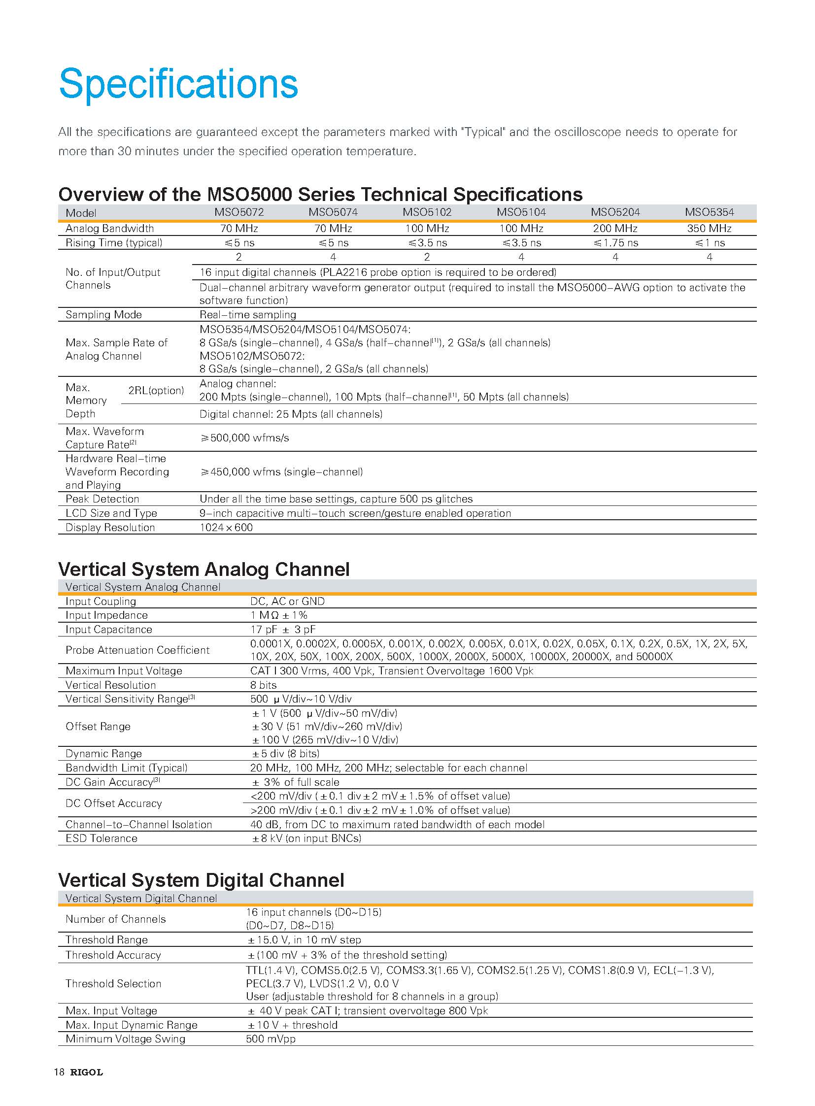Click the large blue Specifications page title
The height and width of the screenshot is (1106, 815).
178,84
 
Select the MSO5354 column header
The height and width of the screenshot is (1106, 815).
709,212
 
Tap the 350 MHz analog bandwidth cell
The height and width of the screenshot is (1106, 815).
709,229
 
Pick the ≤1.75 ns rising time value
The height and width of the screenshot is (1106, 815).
615,243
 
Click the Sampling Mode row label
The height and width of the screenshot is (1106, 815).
103,315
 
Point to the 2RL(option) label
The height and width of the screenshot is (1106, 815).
156,390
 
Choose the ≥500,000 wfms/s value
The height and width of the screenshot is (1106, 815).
245,437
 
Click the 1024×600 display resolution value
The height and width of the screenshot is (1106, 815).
226,527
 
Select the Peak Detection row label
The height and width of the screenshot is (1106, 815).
102,499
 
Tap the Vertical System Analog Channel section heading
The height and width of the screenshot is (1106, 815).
204,570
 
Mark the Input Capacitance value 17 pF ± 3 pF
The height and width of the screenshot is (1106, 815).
283,630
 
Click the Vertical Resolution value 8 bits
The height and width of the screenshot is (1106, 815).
264,685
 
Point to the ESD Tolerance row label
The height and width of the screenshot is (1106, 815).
101,838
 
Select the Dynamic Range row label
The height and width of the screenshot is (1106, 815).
103,753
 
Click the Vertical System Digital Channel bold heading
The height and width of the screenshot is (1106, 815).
201,880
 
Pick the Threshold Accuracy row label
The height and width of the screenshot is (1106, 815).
113,955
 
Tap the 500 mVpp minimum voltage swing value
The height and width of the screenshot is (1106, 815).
271,1039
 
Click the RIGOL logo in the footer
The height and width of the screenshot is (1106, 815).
86,1072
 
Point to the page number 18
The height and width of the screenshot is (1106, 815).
59,1072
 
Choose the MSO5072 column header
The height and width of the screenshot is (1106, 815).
239,212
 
